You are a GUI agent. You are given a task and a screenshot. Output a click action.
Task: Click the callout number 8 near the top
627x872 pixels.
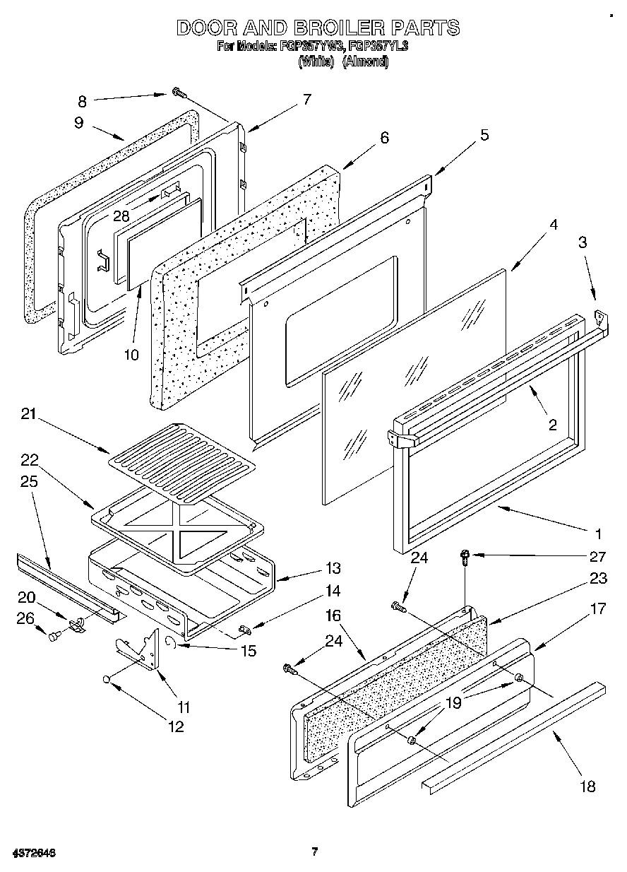(x=83, y=100)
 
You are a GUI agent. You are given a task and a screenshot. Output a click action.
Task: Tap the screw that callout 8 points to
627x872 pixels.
(x=178, y=93)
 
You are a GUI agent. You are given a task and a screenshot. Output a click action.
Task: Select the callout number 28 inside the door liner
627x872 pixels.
(x=122, y=216)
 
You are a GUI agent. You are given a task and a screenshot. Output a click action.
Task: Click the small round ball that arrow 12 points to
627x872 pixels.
(x=106, y=679)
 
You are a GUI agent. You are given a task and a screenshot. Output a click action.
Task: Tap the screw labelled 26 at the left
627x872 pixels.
(x=54, y=637)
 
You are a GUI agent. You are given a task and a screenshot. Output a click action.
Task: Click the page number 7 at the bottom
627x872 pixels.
(x=315, y=851)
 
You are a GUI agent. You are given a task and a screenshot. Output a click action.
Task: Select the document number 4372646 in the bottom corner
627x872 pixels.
(x=34, y=853)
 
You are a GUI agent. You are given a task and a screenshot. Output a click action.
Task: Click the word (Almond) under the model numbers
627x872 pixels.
(x=365, y=61)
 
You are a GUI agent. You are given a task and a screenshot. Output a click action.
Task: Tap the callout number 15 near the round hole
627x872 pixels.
(x=247, y=651)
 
